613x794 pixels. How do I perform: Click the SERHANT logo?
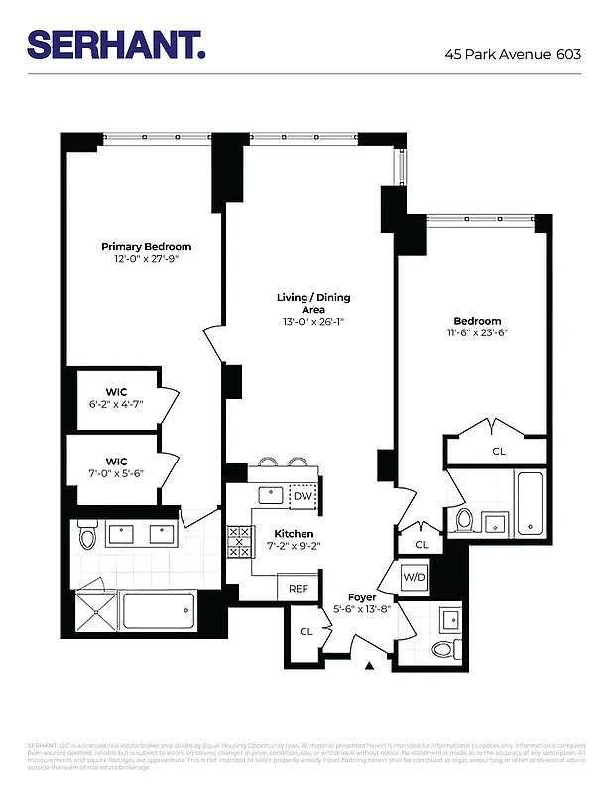click(116, 45)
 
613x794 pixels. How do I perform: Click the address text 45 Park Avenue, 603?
click(513, 53)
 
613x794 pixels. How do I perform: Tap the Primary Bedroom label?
click(146, 246)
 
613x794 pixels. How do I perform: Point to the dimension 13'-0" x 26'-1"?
click(312, 321)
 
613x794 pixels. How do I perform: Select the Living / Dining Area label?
click(312, 303)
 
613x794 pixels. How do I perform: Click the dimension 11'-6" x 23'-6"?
click(477, 333)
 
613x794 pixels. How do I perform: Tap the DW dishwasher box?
click(303, 496)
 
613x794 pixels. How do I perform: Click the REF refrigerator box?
click(299, 588)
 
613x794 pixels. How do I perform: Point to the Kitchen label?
click(293, 534)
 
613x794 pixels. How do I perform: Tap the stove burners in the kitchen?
click(239, 544)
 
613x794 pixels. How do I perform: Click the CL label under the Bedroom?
click(498, 452)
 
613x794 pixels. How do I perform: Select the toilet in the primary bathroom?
click(87, 537)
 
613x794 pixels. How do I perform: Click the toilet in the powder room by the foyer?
click(442, 649)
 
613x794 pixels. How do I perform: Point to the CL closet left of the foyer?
click(306, 631)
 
